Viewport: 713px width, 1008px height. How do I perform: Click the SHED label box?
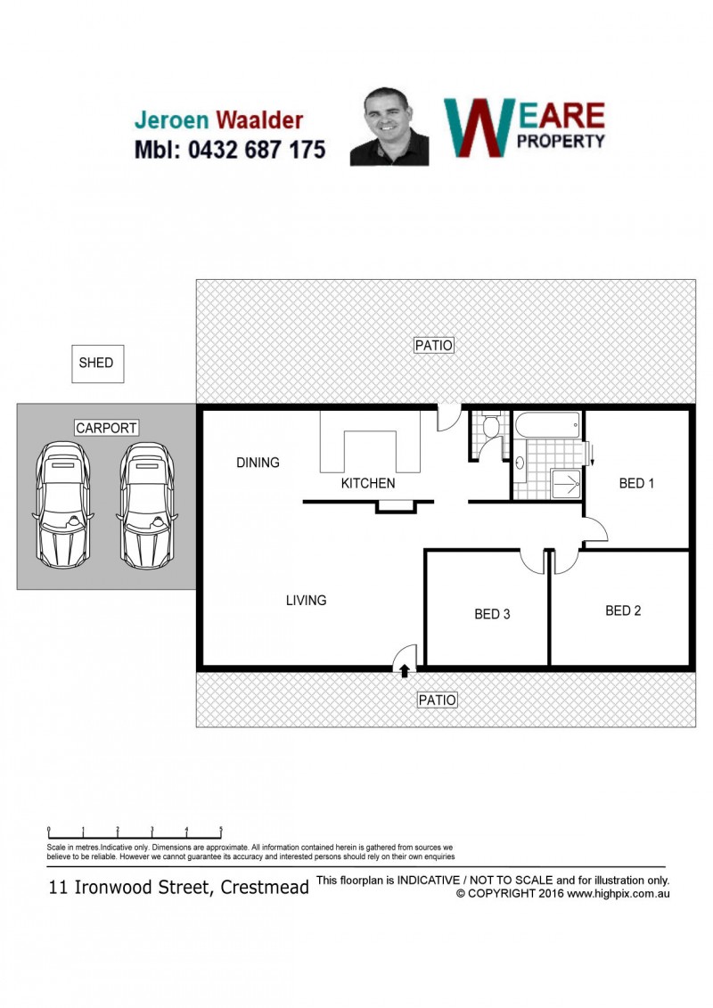pyautogui.click(x=97, y=364)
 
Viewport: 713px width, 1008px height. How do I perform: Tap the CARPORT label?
pyautogui.click(x=106, y=428)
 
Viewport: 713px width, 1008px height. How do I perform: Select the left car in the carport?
pyautogui.click(x=62, y=504)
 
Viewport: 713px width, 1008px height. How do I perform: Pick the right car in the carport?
pyautogui.click(x=146, y=504)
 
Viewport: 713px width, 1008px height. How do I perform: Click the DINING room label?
pyautogui.click(x=258, y=463)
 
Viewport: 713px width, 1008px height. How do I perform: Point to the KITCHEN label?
pyautogui.click(x=368, y=483)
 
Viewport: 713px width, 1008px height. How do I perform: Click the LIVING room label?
pyautogui.click(x=306, y=601)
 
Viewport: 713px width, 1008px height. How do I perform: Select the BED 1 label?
pyautogui.click(x=635, y=483)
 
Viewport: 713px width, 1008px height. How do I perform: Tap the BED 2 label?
pyautogui.click(x=623, y=611)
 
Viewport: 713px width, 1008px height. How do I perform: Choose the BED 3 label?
pyautogui.click(x=492, y=614)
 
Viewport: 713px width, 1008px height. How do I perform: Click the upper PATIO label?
pyautogui.click(x=434, y=345)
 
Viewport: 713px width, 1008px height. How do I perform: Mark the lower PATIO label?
pyautogui.click(x=438, y=700)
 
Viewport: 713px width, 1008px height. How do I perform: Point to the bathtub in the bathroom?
pyautogui.click(x=548, y=425)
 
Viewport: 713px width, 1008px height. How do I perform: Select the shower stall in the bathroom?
pyautogui.click(x=566, y=483)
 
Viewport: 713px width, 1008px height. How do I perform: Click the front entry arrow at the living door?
pyautogui.click(x=405, y=670)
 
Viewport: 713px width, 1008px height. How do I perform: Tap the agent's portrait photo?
pyautogui.click(x=389, y=127)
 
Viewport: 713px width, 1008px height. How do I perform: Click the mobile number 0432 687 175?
pyautogui.click(x=257, y=150)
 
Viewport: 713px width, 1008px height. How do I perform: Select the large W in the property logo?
pyautogui.click(x=479, y=128)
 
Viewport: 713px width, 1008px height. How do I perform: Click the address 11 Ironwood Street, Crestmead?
pyautogui.click(x=179, y=888)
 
